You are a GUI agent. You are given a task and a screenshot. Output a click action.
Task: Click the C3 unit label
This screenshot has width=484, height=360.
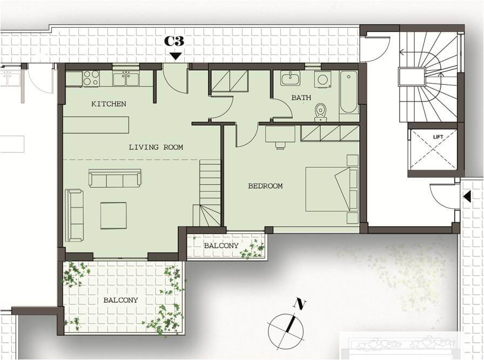174,40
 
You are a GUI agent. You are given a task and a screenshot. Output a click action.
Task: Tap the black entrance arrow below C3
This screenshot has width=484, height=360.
176,56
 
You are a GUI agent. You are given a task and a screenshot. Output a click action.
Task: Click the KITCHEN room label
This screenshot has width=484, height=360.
109,104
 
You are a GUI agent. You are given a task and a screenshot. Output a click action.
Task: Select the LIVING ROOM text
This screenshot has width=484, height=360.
156,147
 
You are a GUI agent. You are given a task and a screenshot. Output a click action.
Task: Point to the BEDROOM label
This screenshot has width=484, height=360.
265,186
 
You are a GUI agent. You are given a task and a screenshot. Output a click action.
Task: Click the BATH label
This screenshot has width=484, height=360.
301,98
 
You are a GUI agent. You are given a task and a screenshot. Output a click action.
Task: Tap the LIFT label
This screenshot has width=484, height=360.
438,137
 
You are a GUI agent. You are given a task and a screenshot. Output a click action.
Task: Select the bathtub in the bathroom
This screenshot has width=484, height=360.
349,92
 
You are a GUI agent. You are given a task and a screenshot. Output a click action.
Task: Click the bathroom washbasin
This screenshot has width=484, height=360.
290,78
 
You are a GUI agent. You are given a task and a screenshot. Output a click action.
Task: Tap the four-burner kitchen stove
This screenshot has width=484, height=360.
91,78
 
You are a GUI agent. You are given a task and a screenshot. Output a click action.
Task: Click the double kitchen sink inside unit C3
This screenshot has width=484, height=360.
126,79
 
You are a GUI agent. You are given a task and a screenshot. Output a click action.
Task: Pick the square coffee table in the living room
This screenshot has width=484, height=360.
113,215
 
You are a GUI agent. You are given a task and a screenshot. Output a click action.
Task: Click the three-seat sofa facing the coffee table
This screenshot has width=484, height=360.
115,178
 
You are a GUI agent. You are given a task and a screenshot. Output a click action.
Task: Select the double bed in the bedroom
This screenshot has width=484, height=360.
332,189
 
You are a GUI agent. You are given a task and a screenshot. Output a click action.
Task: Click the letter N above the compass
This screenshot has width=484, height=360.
299,304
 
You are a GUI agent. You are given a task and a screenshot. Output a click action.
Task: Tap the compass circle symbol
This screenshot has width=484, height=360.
286,332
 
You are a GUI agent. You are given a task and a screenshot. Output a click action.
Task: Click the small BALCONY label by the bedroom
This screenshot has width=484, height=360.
221,246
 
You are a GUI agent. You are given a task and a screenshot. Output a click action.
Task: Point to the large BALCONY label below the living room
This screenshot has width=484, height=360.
120,300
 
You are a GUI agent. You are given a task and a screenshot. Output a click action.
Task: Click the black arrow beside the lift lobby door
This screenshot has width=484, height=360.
467,196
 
